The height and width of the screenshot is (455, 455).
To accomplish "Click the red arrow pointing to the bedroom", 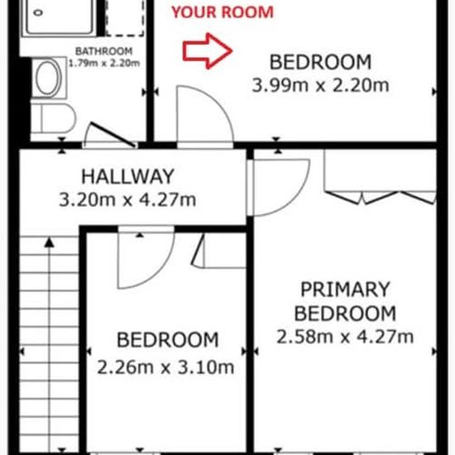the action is click(207, 51).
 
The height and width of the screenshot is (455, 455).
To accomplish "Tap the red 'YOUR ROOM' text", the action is click(223, 12).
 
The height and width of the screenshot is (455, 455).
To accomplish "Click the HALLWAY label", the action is click(127, 176).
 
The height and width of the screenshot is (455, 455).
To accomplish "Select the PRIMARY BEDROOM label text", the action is click(345, 301).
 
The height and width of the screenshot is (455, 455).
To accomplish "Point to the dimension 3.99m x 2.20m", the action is click(320, 85).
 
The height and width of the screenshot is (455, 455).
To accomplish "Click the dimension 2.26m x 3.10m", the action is click(165, 367).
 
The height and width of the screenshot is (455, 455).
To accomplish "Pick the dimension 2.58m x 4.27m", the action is click(345, 337).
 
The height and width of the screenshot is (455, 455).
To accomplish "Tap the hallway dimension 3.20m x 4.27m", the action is click(127, 199).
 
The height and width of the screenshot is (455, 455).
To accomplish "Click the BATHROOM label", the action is click(103, 51).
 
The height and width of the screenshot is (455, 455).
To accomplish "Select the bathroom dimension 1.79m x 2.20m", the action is click(104, 63).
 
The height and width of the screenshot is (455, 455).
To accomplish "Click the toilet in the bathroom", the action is click(53, 118).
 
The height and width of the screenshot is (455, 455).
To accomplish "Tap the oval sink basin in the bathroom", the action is click(48, 78).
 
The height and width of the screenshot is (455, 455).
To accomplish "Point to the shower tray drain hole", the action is click(38, 12).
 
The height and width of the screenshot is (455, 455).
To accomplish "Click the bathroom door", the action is click(113, 135).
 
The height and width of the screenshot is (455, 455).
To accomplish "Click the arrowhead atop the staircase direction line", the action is click(50, 242).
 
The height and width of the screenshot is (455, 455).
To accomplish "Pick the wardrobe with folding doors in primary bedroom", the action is click(381, 176).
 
